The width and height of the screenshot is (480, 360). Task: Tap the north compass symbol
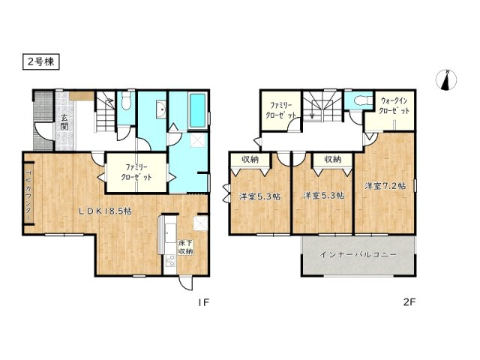tap(446, 79)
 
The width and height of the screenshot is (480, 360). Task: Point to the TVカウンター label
tap(28, 197)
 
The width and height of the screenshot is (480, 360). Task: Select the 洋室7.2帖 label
tap(385, 185)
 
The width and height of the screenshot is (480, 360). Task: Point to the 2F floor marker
tap(409, 305)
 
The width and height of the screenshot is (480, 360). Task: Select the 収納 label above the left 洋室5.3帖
tap(248, 159)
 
